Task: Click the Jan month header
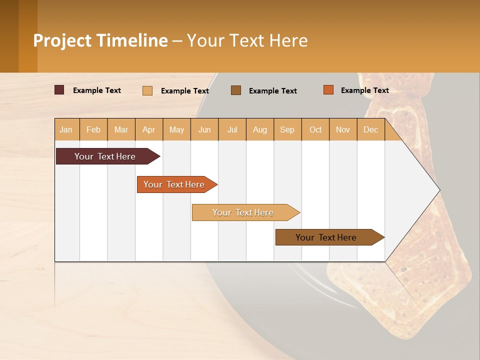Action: coord(66,129)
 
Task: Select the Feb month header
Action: coord(93,129)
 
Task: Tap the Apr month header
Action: coord(148,129)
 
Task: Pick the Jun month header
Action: coord(204,129)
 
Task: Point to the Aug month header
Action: coord(259,129)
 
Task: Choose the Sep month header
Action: coord(287,129)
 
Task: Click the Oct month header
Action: coord(315,129)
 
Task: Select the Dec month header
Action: coord(370,129)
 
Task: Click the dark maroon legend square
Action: coord(59,90)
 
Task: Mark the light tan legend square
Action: coord(147,90)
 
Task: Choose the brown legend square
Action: coord(236,90)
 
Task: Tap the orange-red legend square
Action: coord(328,90)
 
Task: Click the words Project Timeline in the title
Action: coord(100,40)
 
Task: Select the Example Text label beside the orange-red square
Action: coord(364,90)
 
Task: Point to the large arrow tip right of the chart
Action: coord(420,190)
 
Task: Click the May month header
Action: coord(176,129)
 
